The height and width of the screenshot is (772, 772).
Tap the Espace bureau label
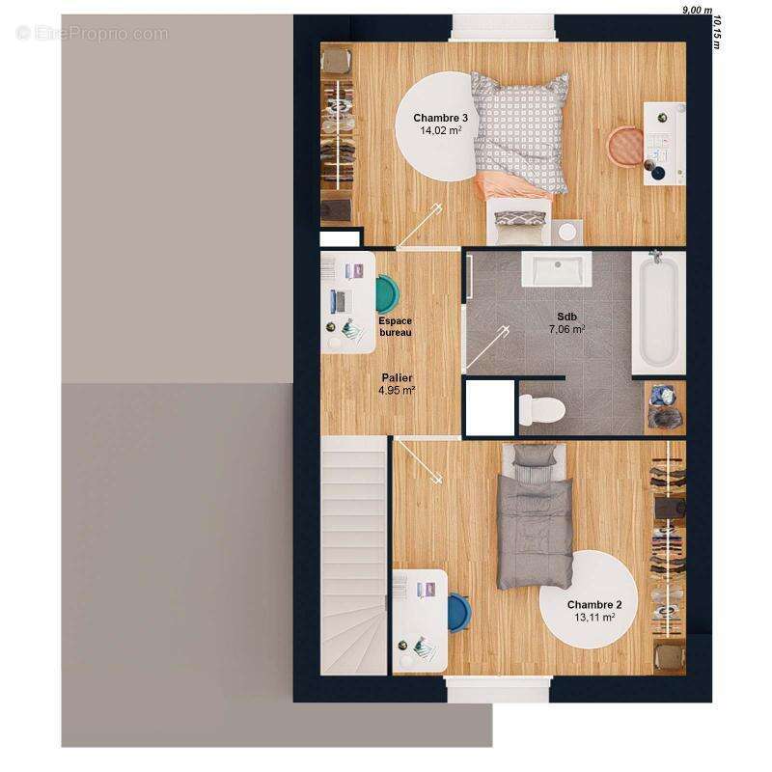tap(395, 326)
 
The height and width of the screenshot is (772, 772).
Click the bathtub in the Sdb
tap(658, 311)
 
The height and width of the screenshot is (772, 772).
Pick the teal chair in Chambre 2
tap(460, 611)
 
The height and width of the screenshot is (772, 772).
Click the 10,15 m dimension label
tap(719, 31)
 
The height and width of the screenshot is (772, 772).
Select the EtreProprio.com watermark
tap(93, 33)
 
